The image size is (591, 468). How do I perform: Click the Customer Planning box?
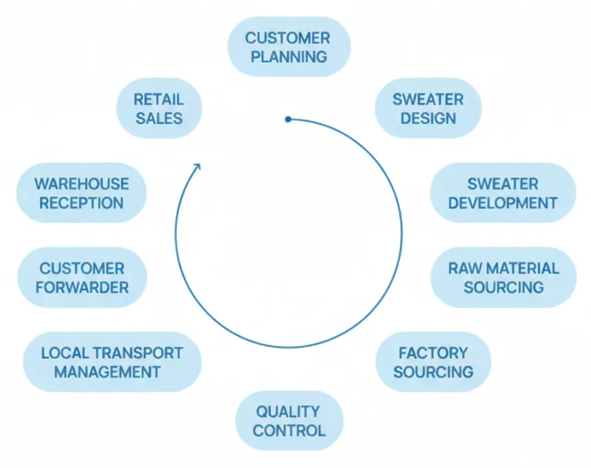point(288,47)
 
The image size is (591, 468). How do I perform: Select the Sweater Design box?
point(428,109)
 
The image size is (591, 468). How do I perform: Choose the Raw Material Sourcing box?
point(504,277)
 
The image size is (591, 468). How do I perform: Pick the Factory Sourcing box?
point(433,362)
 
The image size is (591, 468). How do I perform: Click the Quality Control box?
point(289,421)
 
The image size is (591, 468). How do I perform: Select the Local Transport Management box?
point(112,362)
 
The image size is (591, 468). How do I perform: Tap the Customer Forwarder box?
point(83,278)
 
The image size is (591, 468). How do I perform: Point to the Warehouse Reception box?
point(82,193)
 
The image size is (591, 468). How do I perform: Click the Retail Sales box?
point(159,109)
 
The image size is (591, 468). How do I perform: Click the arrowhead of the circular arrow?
point(197,166)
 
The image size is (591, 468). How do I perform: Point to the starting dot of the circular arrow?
point(288,119)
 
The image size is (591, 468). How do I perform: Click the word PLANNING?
point(288,57)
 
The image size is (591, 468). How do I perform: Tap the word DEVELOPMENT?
point(504,203)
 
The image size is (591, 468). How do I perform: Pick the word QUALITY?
point(288,411)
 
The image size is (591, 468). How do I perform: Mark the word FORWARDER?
point(83,287)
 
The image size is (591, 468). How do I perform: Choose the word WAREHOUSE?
point(82,184)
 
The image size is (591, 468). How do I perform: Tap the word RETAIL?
point(159,100)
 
